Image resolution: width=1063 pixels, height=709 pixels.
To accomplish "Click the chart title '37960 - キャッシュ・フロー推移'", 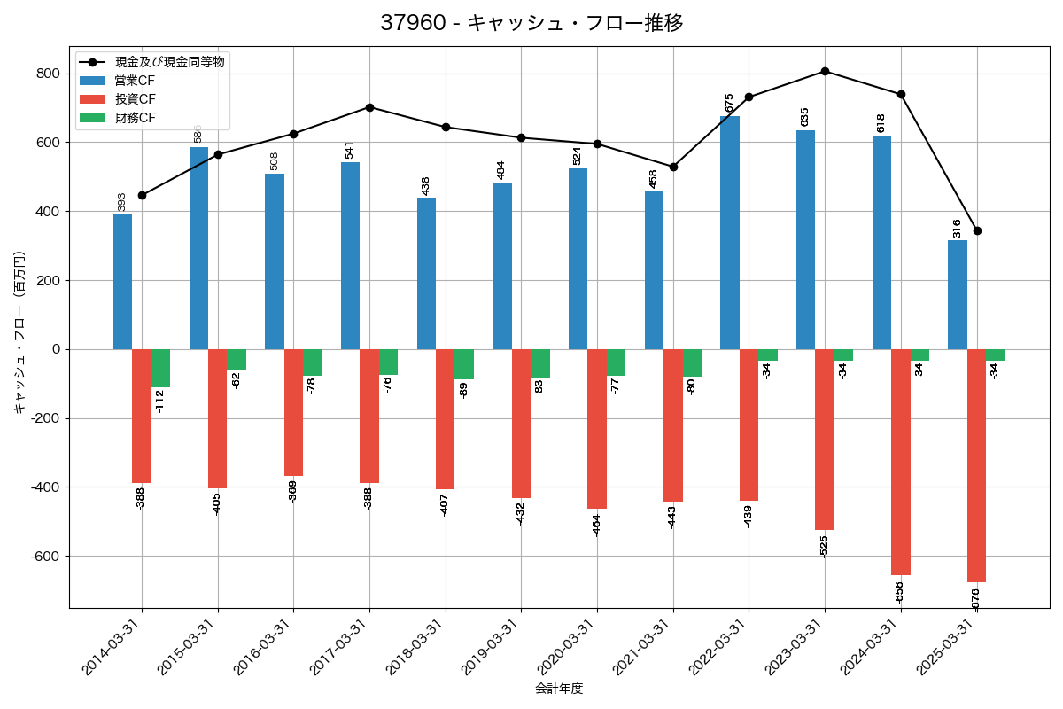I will coord(531,23).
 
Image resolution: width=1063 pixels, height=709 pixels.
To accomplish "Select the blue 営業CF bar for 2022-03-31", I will coord(730,232).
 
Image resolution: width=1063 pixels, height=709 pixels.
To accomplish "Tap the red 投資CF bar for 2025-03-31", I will coord(976,465).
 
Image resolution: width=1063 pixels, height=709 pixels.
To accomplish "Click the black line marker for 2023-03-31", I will coord(825,71).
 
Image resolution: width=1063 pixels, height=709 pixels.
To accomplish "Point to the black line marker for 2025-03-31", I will coord(977,230).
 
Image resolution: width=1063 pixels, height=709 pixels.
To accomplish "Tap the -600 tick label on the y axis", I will coord(44,557).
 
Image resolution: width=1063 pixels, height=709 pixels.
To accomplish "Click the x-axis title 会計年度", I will coord(559,689).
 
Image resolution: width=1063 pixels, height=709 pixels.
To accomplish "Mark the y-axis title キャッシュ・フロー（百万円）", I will coord(19,332).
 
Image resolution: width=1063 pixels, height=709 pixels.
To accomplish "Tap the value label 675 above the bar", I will coord(730,103).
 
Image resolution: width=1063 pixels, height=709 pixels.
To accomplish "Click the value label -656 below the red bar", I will coord(900,592).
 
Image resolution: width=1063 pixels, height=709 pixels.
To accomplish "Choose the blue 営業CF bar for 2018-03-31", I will coord(426,273).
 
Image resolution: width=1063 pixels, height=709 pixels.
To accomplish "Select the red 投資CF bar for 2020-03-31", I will coord(597,429).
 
